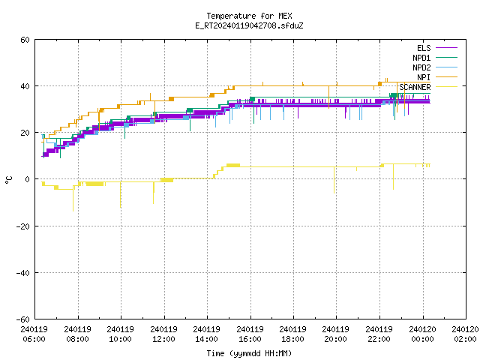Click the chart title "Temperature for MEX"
coord(249,16)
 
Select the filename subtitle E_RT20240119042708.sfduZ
coord(249,25)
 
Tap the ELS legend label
coord(424,48)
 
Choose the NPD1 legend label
coord(421,58)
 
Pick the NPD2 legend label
coord(421,67)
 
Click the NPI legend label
coord(424,77)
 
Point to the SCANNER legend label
coord(415,87)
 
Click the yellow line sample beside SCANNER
coord(446,87)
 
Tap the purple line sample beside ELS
coord(446,48)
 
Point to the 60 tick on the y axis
coord(25,40)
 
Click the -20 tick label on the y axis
coord(23,226)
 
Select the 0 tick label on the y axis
coord(28,179)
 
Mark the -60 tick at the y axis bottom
coord(23,319)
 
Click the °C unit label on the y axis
coord(8,180)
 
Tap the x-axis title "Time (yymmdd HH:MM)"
coord(249,353)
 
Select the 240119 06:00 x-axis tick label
coord(34,334)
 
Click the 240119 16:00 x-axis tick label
coord(250,334)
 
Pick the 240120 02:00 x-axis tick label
coord(465,334)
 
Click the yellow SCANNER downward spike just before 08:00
coord(73,199)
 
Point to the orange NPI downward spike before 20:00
coord(328,97)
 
